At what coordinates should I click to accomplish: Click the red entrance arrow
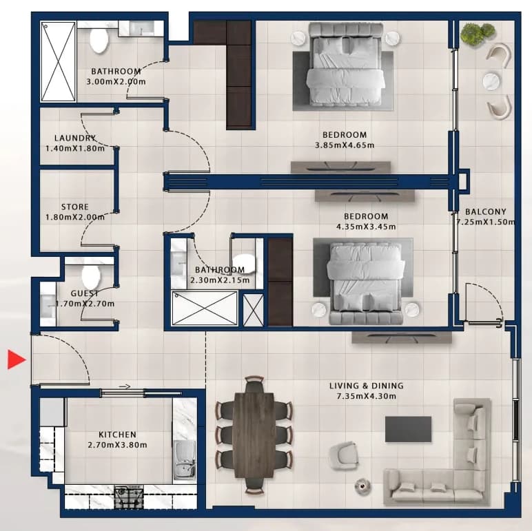17,359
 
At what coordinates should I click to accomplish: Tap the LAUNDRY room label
75,138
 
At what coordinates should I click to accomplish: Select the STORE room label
75,207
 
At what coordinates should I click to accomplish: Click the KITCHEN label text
117,435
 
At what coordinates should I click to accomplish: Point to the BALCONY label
486,211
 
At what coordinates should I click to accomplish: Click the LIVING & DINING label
367,386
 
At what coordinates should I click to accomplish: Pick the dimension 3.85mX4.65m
345,145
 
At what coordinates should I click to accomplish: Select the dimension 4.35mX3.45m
366,227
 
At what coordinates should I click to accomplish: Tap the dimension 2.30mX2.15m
220,280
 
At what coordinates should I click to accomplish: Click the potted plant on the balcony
478,33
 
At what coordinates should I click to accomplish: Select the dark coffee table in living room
408,429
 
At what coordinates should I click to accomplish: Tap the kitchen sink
184,460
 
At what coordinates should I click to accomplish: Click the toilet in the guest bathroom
91,276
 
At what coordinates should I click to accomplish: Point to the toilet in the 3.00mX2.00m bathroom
99,41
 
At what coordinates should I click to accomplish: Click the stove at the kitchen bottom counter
129,498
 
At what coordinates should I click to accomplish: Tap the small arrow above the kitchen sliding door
125,386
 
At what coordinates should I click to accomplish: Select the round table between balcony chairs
491,81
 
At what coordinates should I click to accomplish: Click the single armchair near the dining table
344,456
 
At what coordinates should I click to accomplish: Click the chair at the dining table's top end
254,384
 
